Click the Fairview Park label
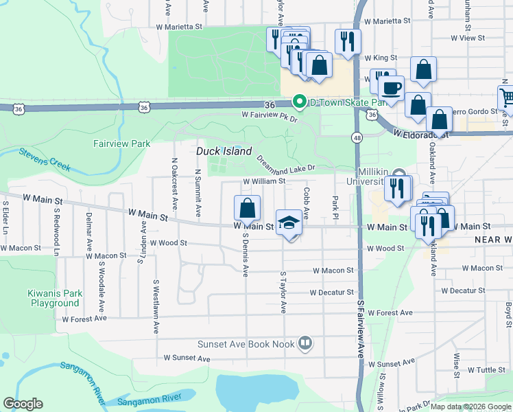point(121,144)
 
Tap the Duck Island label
point(224,151)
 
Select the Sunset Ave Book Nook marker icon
point(306,343)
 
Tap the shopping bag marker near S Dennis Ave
point(247,209)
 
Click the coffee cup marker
point(392,89)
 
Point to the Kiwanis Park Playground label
point(54,298)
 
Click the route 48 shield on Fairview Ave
point(357,137)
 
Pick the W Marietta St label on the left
point(180,27)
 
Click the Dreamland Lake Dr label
point(286,163)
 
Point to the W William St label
point(264,181)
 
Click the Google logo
point(23,404)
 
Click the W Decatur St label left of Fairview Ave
point(331,293)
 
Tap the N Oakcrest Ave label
point(174,183)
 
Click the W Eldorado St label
point(421,135)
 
